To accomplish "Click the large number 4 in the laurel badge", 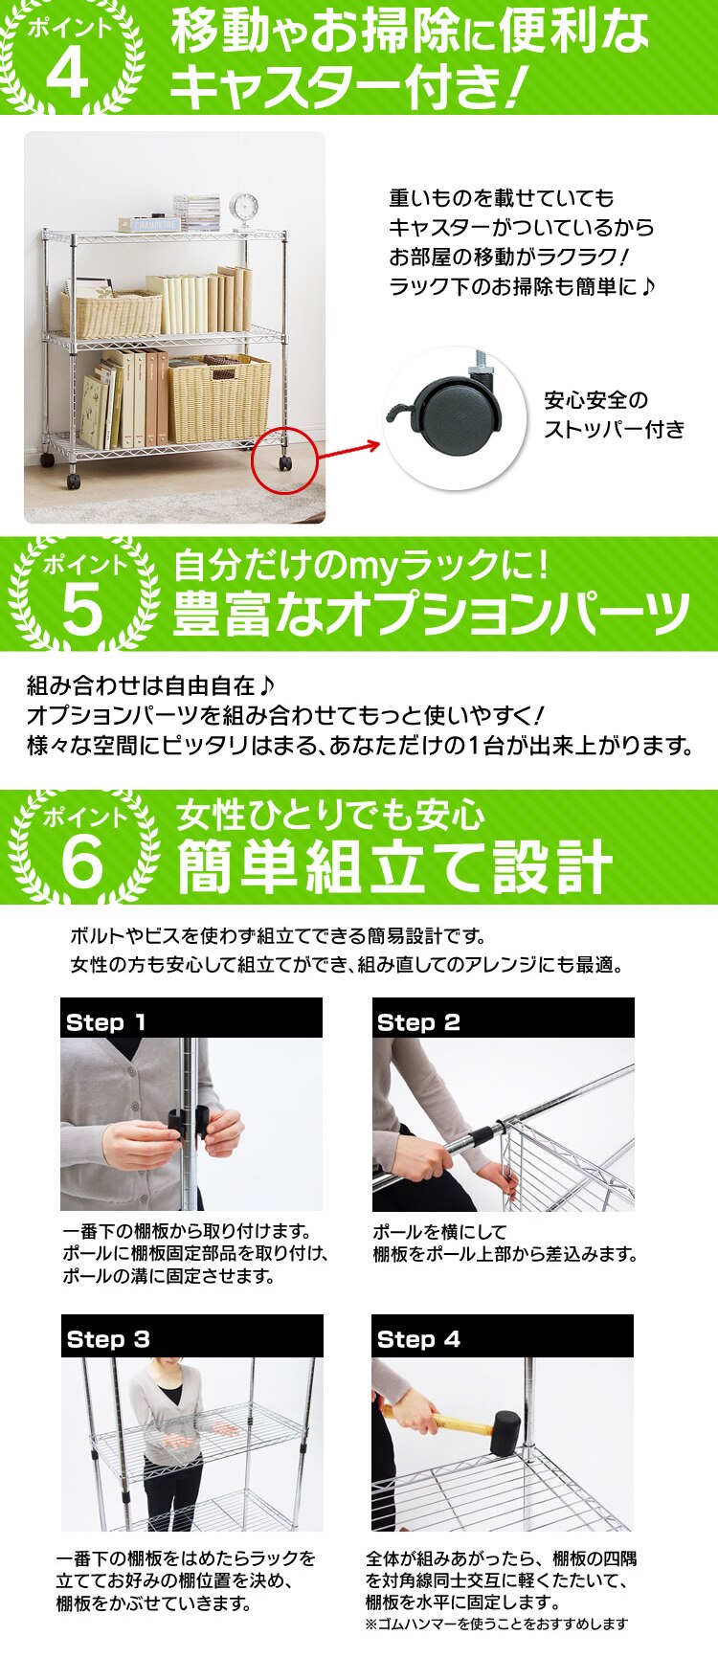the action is coord(66,73).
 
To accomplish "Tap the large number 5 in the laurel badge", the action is coord(81,610).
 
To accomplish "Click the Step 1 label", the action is coord(106,1022).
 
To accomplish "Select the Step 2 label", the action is coord(418,1022).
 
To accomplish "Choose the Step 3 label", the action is coord(108,1339).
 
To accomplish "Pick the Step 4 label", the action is coord(418,1339).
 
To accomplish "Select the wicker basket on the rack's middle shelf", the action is coord(111,315).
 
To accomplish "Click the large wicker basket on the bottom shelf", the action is coord(219,399).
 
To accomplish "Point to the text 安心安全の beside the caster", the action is coord(596,400).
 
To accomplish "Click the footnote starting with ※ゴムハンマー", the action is coord(496,1624).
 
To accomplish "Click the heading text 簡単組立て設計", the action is coord(394,866).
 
